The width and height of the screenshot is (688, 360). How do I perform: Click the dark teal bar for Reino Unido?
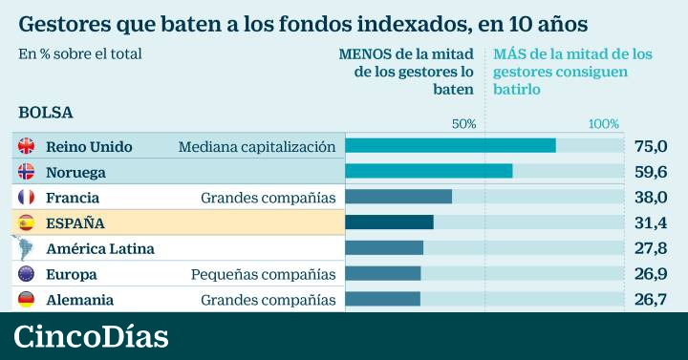(x=451, y=145)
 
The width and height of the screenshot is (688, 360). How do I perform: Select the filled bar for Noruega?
(x=429, y=171)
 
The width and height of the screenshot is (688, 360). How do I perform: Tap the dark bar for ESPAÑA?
(x=389, y=222)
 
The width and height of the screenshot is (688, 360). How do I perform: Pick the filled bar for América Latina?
(x=384, y=247)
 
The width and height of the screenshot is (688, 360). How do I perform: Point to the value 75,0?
(x=651, y=146)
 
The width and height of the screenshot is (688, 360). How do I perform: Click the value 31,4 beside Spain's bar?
(x=651, y=222)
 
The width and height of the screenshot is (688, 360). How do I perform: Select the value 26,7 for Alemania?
(x=651, y=300)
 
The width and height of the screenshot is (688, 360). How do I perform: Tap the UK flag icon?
(x=26, y=146)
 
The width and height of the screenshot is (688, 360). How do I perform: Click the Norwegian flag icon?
(x=26, y=172)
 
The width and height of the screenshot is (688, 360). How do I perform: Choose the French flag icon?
(x=26, y=198)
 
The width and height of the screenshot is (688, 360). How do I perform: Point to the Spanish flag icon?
(x=26, y=222)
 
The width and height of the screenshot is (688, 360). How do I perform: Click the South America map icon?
(x=24, y=247)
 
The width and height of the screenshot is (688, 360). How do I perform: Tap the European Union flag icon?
(x=26, y=274)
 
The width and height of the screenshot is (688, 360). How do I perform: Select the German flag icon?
(x=26, y=300)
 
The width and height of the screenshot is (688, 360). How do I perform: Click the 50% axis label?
(x=463, y=124)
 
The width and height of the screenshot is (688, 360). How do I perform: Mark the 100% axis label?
(x=604, y=124)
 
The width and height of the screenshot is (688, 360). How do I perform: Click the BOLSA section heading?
(x=46, y=113)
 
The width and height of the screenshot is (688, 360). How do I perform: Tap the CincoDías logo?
(x=91, y=336)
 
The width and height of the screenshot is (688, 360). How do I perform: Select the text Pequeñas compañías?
(x=264, y=275)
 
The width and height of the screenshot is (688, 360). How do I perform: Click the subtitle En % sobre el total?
(x=80, y=53)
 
